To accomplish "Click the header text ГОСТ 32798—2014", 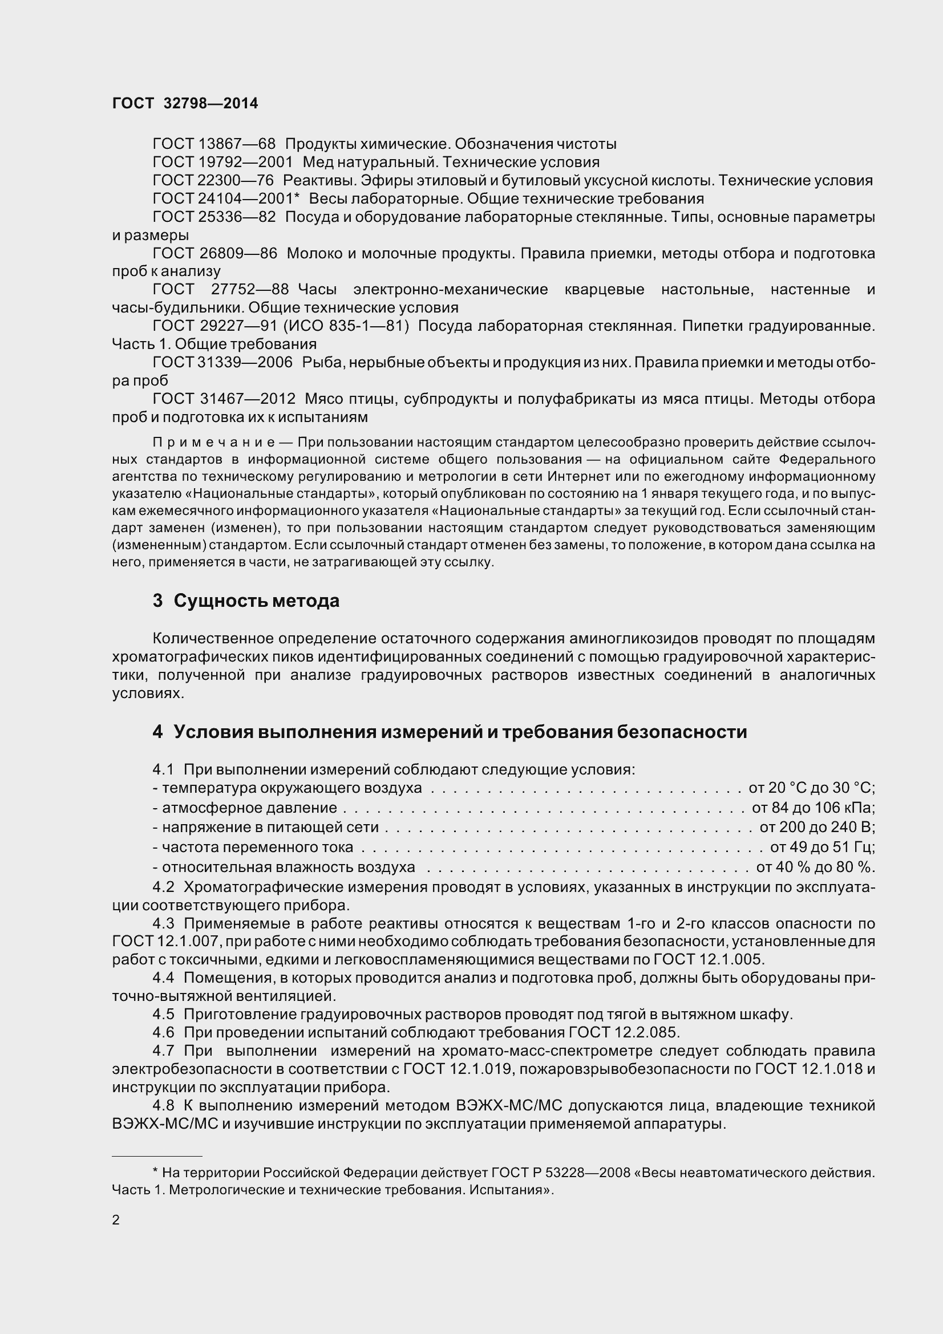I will [x=185, y=103].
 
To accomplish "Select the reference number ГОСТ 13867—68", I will [x=214, y=144].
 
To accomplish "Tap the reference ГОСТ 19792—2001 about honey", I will [x=222, y=162].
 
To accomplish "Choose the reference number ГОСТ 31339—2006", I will [x=222, y=363].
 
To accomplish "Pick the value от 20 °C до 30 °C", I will [x=812, y=788].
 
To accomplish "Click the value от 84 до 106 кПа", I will [x=814, y=808].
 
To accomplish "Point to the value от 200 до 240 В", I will [x=817, y=827].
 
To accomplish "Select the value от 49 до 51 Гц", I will [x=822, y=847].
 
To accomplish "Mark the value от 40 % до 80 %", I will [x=815, y=867].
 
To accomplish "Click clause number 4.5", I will [x=163, y=1015].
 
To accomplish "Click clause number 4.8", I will [x=163, y=1106].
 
